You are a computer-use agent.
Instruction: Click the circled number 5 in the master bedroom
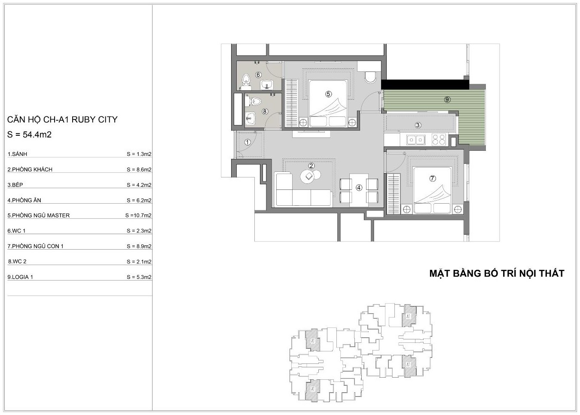point(328,94)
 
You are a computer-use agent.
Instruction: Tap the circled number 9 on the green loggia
point(447,99)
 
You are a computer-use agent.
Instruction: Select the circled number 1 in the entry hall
point(247,142)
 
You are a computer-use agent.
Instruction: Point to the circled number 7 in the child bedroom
point(432,178)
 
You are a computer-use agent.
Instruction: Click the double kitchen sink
point(415,140)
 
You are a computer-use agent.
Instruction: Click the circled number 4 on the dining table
point(359,188)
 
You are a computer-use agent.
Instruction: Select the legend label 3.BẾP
point(15,185)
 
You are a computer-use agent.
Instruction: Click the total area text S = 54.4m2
point(29,134)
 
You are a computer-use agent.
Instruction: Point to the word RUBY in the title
point(82,119)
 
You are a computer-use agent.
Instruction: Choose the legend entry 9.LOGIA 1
point(20,277)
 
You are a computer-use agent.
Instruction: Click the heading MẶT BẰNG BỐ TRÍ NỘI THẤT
point(497,273)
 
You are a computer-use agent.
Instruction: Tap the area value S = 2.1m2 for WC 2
point(139,262)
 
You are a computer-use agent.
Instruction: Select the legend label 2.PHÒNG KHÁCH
point(30,170)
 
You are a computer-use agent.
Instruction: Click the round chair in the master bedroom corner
point(371,77)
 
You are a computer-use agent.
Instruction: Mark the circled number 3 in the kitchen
point(418,125)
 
